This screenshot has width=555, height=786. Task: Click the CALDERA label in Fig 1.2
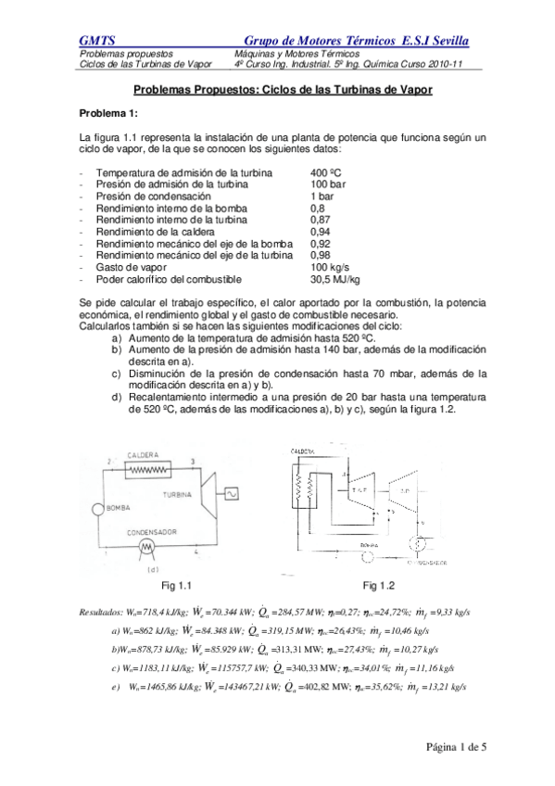[x=303, y=451]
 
